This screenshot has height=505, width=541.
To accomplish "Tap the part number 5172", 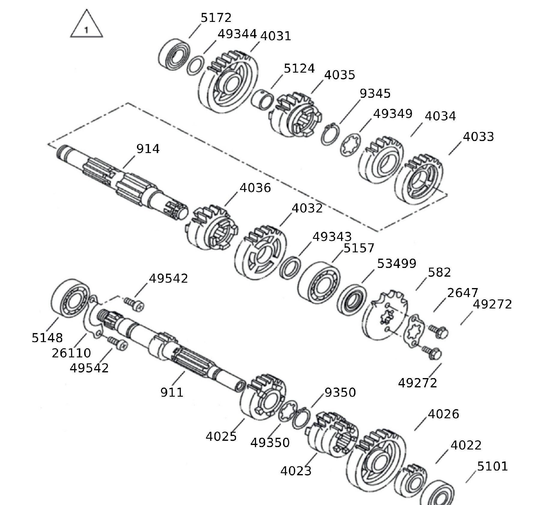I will (x=216, y=18).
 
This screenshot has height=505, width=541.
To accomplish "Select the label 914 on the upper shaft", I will (x=148, y=149).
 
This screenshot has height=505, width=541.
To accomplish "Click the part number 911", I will (x=172, y=392).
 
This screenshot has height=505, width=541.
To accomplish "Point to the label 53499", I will (x=397, y=264).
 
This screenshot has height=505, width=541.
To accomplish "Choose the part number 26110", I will (x=71, y=353).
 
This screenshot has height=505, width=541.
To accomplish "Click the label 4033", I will (x=478, y=137).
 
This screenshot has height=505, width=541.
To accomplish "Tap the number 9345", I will (x=375, y=94).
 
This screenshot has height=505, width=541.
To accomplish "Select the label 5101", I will (x=492, y=466).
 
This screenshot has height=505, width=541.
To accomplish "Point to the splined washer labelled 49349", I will (x=350, y=145).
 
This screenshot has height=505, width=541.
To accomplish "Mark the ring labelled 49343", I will (x=290, y=267).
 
